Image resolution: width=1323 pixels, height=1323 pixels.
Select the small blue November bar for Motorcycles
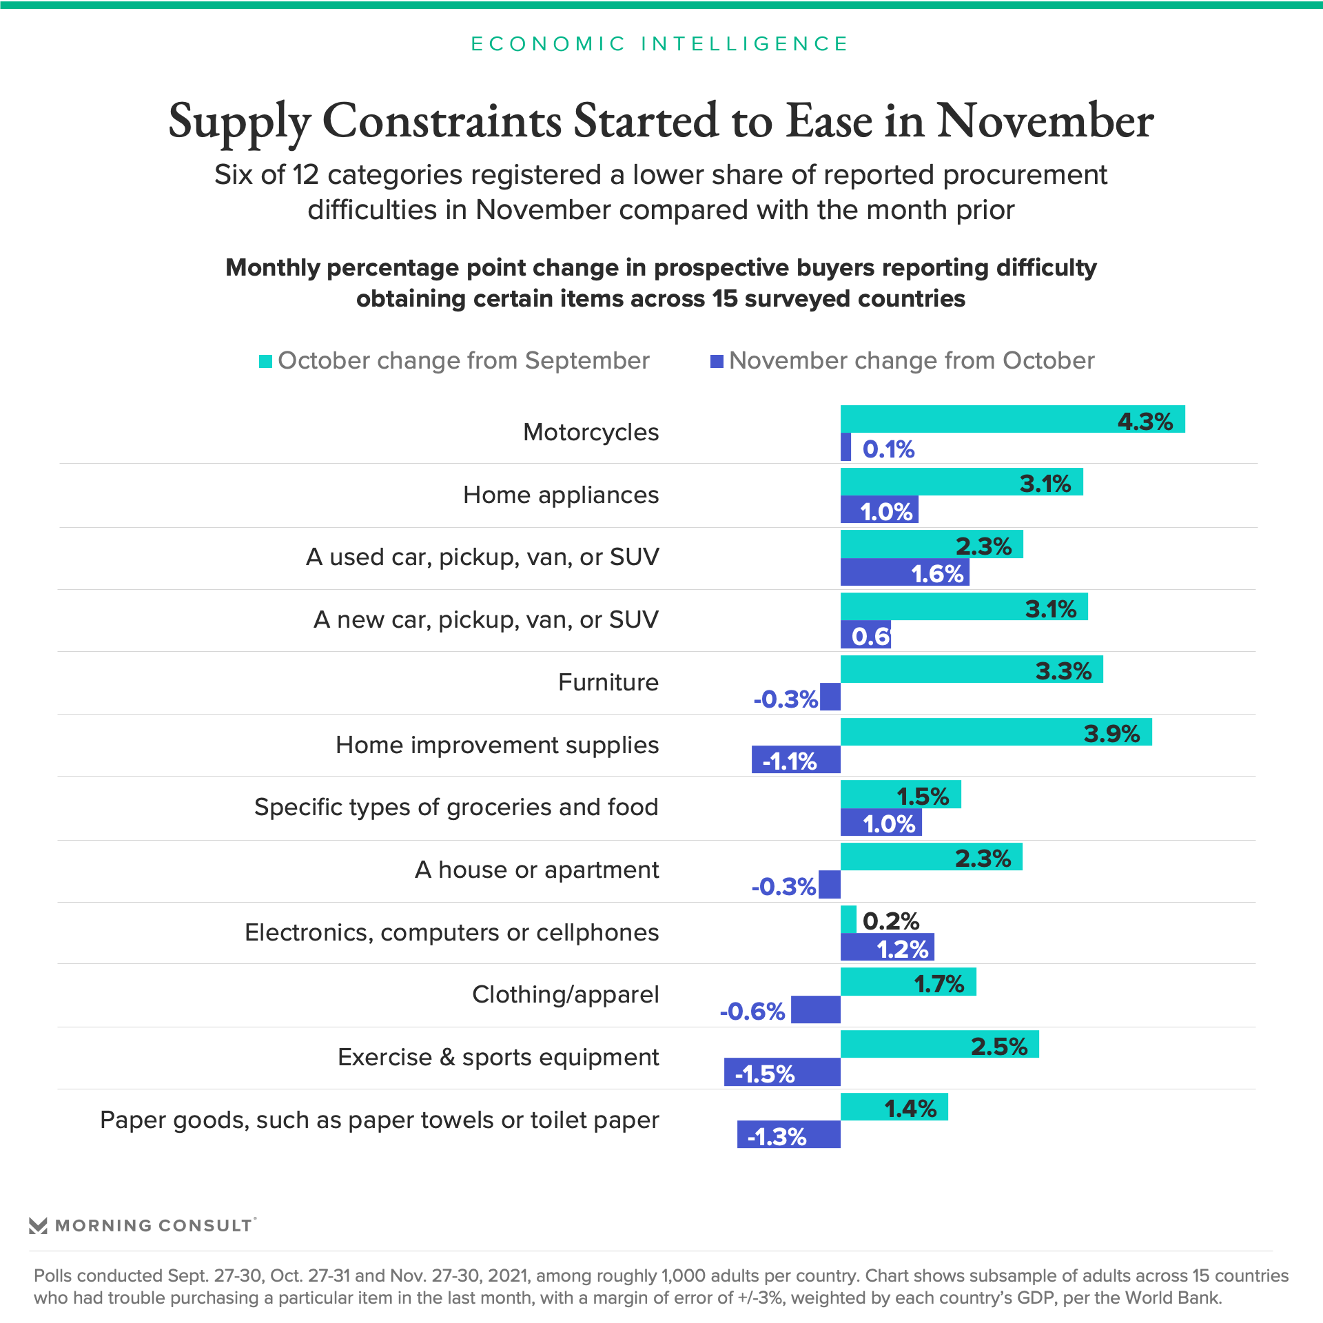coord(845,447)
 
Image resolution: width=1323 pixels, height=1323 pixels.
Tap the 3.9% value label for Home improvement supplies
coord(1111,733)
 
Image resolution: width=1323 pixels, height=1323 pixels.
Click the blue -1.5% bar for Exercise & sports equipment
coord(782,1072)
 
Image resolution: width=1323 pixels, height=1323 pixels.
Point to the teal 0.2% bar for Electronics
coord(848,919)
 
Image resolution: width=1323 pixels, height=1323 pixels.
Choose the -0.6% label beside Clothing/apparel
coord(752,1011)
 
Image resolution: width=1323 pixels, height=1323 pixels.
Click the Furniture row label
coord(608,682)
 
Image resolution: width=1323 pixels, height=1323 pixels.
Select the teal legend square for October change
coord(265,361)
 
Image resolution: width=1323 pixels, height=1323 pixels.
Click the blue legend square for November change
coord(717,361)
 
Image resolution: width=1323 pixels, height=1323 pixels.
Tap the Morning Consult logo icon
coord(38,1225)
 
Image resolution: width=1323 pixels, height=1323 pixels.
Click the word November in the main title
coord(1045,121)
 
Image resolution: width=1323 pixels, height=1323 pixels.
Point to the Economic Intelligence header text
coord(660,43)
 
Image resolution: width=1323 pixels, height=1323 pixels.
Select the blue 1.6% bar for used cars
coord(905,572)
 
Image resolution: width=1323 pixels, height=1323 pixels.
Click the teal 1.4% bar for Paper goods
coord(894,1107)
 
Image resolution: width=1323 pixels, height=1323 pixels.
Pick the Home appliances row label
coord(561,495)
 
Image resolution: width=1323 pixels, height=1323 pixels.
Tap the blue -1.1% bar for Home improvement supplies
coord(796,759)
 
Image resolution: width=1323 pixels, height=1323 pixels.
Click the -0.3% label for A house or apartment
coord(783,886)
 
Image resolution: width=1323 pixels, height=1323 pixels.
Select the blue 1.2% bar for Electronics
coord(887,947)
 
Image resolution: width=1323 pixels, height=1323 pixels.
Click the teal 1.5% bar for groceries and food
coord(900,794)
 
